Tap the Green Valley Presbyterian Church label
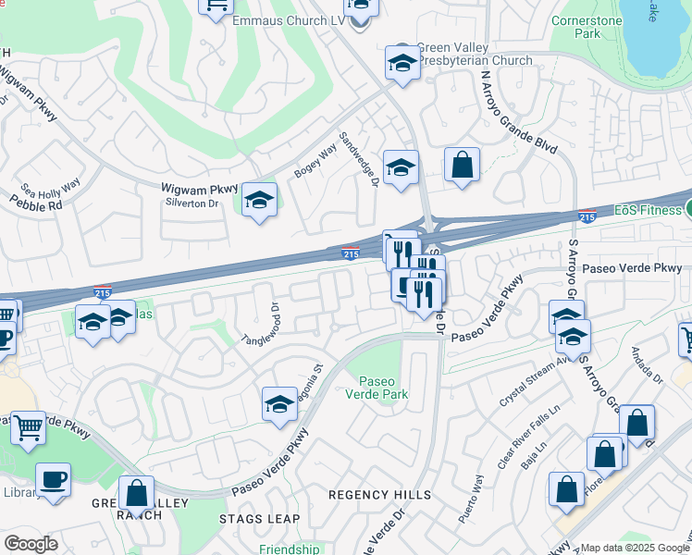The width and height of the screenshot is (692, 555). (475, 55)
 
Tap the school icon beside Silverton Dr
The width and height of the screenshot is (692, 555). (259, 200)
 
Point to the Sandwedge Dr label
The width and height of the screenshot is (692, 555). (360, 158)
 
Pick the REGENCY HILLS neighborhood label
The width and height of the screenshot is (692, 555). (380, 495)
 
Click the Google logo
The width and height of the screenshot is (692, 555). (31, 544)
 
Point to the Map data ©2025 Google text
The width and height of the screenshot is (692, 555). (635, 548)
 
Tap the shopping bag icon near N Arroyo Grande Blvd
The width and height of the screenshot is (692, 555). (462, 166)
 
